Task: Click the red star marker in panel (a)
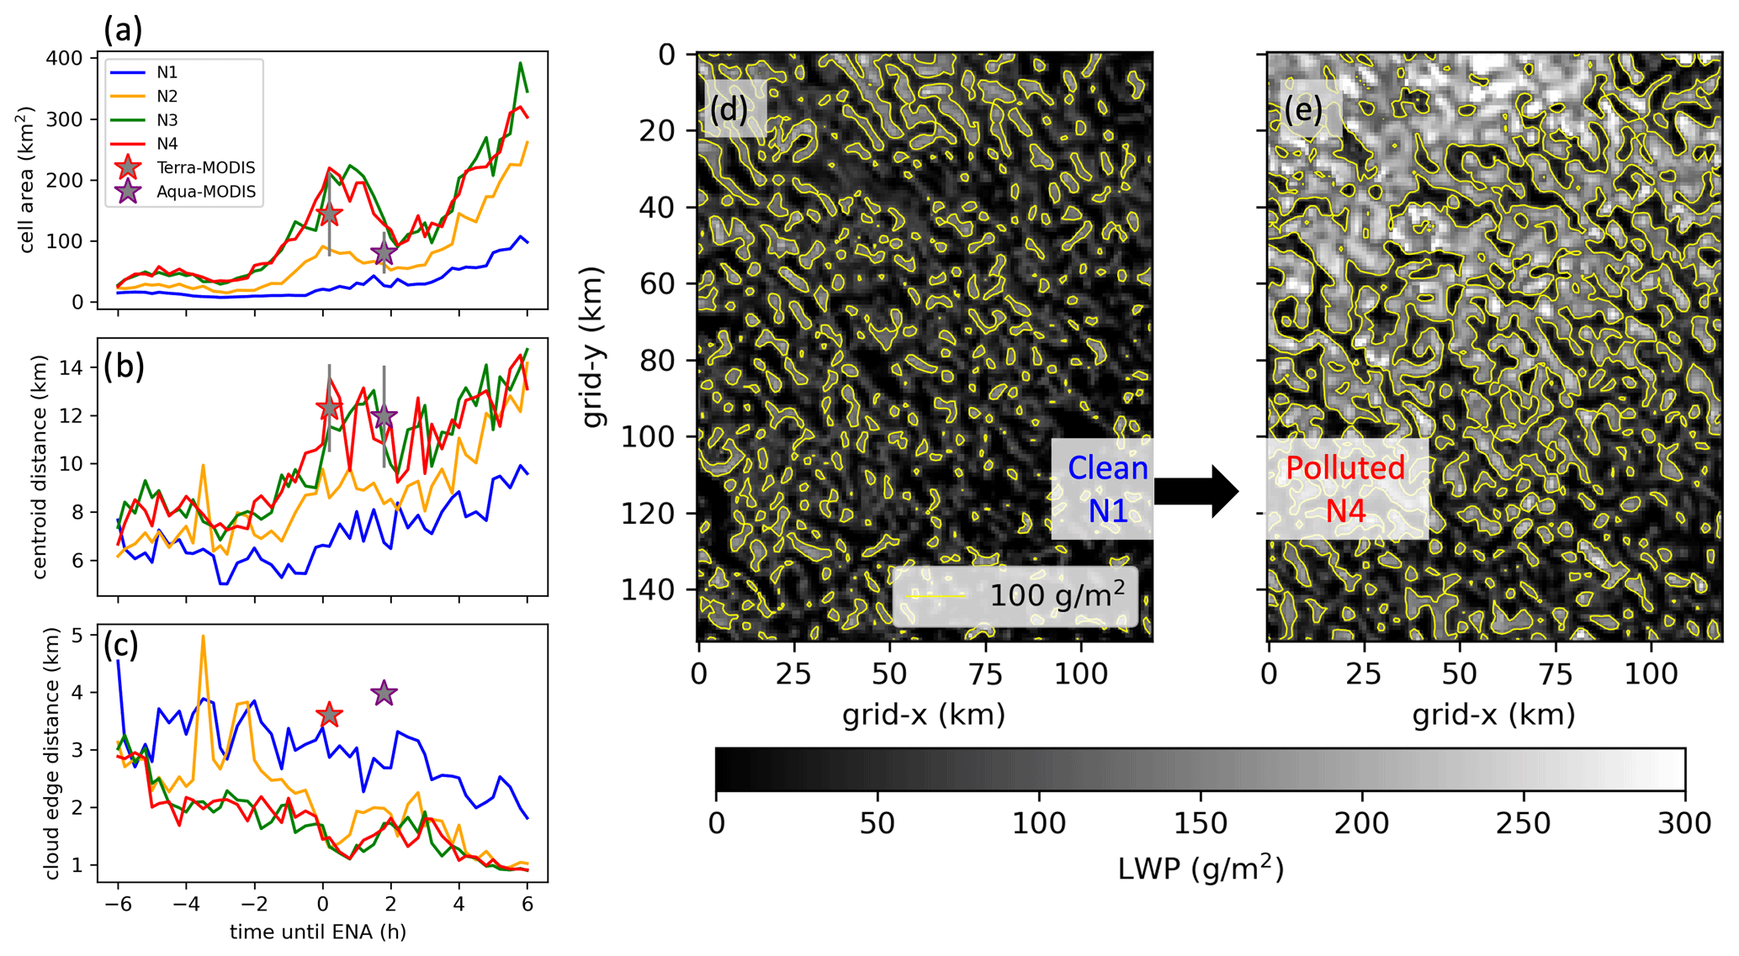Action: [329, 214]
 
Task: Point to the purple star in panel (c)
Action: [384, 693]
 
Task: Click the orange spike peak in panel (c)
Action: [203, 636]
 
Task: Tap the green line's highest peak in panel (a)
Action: [520, 63]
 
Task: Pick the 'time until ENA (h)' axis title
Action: [318, 932]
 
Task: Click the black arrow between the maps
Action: [1196, 491]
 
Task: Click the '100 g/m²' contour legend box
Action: [1015, 596]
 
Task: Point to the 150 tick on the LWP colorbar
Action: [1200, 822]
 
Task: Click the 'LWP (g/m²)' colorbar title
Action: [1200, 868]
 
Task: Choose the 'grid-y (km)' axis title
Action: [594, 346]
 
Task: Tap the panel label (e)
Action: [1303, 110]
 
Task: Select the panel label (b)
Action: [124, 367]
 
